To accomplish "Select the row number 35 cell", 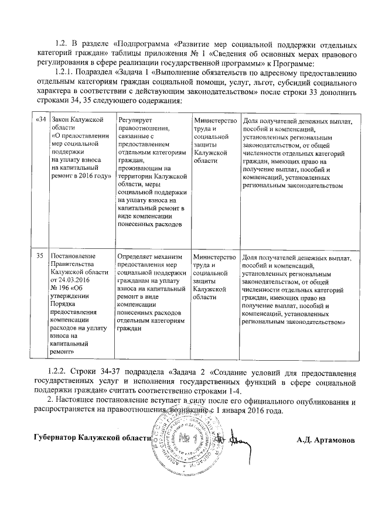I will click(x=40, y=256).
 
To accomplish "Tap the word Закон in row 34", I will click(x=62, y=120).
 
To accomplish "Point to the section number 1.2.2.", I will click(x=60, y=374).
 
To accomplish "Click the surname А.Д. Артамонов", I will click(x=326, y=439).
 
